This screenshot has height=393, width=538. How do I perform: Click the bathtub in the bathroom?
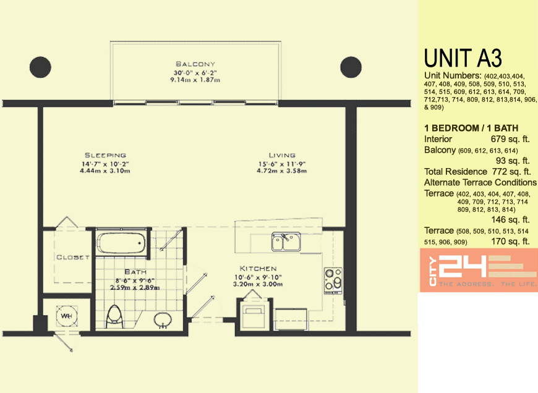[121, 243]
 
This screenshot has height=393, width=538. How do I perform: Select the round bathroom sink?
[163, 320]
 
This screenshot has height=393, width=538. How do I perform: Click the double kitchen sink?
[286, 242]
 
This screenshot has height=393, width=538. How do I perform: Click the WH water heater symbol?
[67, 316]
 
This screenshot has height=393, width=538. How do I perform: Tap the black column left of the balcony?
[40, 67]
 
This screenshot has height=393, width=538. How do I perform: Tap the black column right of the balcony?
[351, 67]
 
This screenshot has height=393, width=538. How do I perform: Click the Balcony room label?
[195, 64]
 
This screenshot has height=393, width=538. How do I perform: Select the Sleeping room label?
[105, 155]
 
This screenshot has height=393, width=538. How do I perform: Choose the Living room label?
[282, 155]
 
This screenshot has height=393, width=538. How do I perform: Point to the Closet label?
[73, 257]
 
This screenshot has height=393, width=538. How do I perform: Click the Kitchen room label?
[258, 269]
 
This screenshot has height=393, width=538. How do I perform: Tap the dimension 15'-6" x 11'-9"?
[282, 164]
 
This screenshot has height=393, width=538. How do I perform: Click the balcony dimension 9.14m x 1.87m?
[195, 80]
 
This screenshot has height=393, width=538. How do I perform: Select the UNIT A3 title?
[463, 58]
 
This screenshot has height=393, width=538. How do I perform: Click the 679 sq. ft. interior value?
[510, 139]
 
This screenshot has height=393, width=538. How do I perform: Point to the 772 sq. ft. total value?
[511, 172]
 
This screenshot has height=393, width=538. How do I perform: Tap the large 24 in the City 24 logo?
[463, 266]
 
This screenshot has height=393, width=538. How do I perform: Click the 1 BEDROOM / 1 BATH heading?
[471, 129]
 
